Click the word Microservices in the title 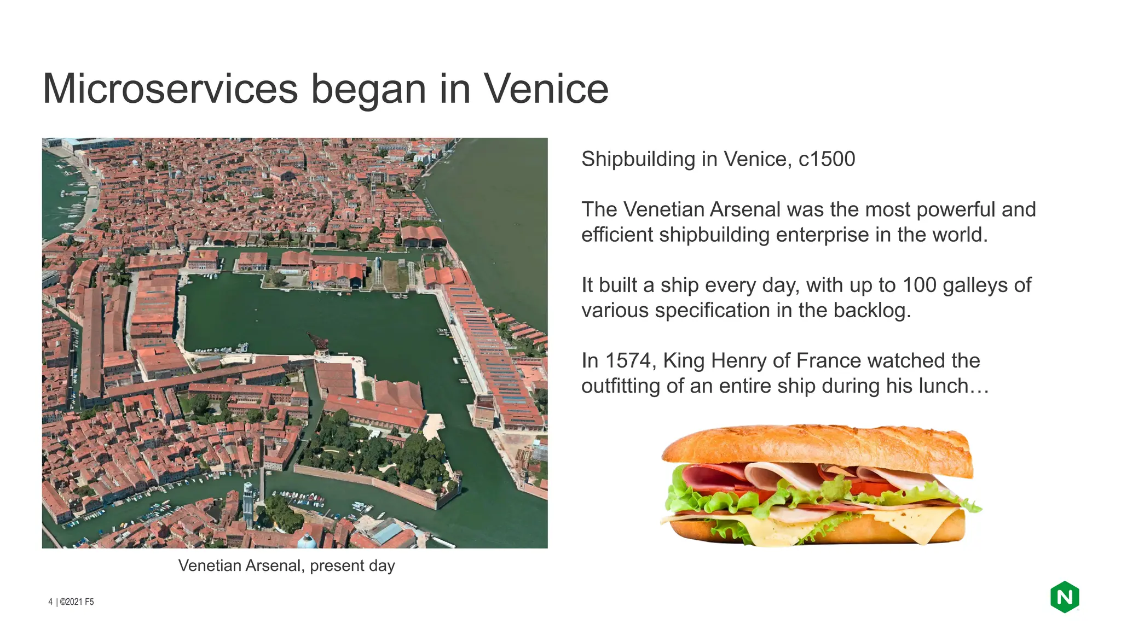point(170,89)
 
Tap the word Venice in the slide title point(546,89)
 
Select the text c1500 point(827,159)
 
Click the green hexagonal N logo point(1064,597)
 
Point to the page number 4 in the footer point(50,602)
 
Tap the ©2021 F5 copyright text point(77,602)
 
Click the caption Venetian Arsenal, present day point(286,565)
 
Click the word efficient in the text point(617,235)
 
